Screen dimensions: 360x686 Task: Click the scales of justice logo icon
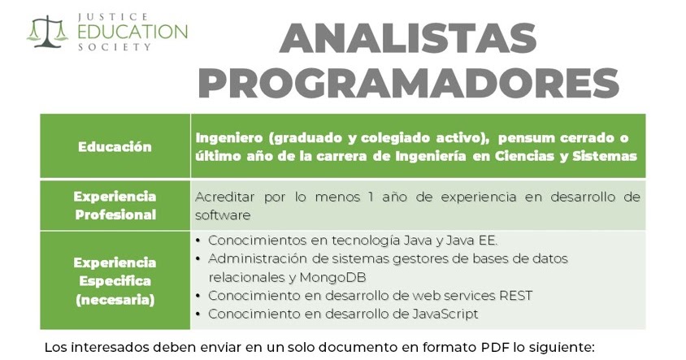click(x=46, y=31)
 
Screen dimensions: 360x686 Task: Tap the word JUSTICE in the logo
click(x=113, y=15)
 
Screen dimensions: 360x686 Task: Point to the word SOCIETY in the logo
click(x=113, y=47)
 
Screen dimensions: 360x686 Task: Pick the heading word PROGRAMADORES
click(x=408, y=81)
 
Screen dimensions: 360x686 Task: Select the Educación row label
click(x=115, y=147)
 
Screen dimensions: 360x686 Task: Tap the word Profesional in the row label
click(x=115, y=215)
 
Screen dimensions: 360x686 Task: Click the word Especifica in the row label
click(x=115, y=281)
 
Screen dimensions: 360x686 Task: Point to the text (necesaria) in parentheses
click(x=115, y=300)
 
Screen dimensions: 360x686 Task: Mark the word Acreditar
click(x=225, y=197)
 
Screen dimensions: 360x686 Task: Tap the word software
click(x=222, y=215)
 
